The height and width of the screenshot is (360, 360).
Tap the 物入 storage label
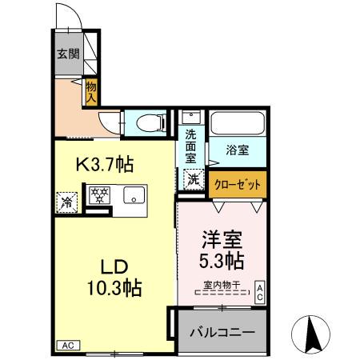pyautogui.click(x=91, y=90)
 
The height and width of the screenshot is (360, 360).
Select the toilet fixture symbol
pyautogui.click(x=150, y=122)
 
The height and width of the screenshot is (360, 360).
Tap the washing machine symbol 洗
pyautogui.click(x=194, y=180)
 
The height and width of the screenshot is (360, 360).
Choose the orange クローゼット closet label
pyautogui.click(x=238, y=183)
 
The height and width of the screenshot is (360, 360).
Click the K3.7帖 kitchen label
pyautogui.click(x=104, y=165)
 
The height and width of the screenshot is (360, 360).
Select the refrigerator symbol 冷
pyautogui.click(x=66, y=202)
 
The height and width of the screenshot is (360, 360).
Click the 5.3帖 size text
pyautogui.click(x=220, y=262)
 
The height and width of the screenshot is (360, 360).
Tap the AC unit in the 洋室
pyautogui.click(x=260, y=292)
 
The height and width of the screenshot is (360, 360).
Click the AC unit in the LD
pyautogui.click(x=67, y=346)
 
